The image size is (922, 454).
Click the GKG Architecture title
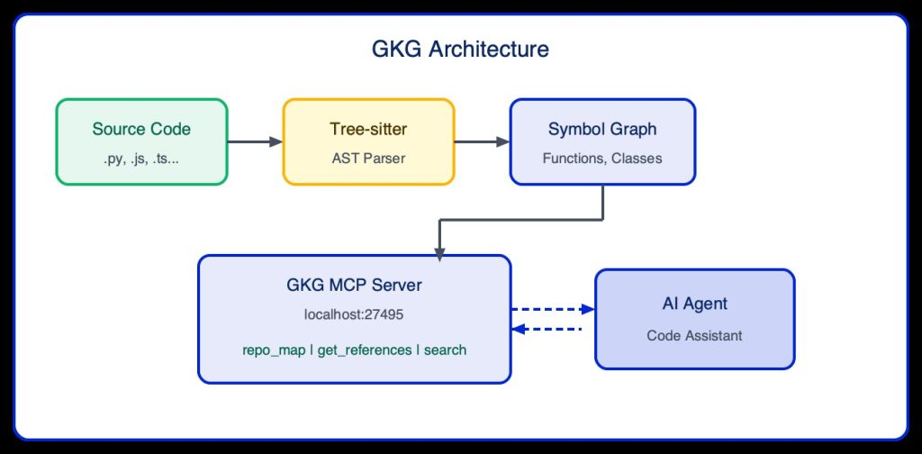tap(460, 50)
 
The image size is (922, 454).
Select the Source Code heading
tap(141, 129)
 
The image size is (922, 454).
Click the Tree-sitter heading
tap(368, 129)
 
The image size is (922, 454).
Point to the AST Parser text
tap(368, 158)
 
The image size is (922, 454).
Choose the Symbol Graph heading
tap(602, 129)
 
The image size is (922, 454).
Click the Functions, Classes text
tap(602, 158)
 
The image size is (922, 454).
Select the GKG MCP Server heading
tap(354, 286)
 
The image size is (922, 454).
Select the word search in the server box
tap(445, 350)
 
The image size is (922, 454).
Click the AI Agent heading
tap(694, 304)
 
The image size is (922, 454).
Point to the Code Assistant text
tap(694, 335)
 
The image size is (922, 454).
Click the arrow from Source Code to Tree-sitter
tap(255, 141)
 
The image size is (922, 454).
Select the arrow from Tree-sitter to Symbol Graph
tap(482, 141)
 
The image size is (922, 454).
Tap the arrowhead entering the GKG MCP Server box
tap(438, 255)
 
